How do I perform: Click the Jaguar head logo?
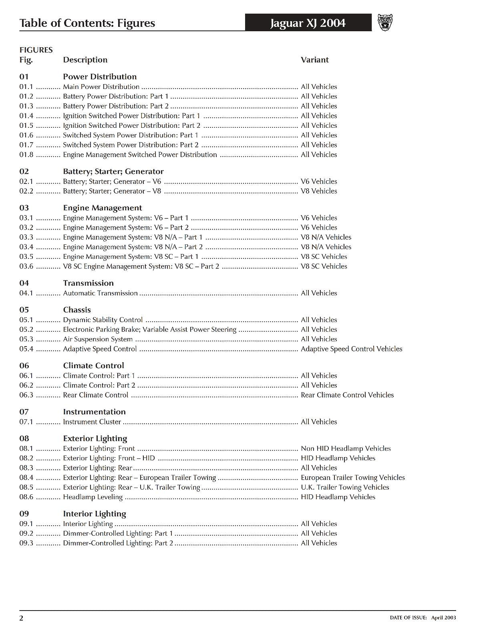tap(385, 22)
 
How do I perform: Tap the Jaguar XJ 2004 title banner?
tap(308, 23)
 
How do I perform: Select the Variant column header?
tap(314, 60)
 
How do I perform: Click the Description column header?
tap(85, 60)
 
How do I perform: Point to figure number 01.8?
tap(26, 155)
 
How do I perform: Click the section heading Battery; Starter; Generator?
tap(113, 171)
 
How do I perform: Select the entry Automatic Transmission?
tap(100, 293)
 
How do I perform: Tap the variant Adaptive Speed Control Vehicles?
tap(351, 349)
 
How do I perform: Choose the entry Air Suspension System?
tap(97, 339)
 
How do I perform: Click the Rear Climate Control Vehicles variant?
tap(347, 395)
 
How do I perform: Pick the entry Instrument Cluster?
tap(92, 422)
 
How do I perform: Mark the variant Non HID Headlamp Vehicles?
tap(345, 449)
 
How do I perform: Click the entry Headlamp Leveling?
tap(93, 497)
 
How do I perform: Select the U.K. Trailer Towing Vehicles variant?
tap(344, 488)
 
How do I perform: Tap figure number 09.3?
tap(26, 543)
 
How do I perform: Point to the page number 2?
tap(22, 618)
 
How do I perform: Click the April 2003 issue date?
tap(443, 618)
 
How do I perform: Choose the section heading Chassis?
tap(76, 310)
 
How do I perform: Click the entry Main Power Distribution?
tap(101, 87)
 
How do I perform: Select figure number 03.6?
tap(26, 266)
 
